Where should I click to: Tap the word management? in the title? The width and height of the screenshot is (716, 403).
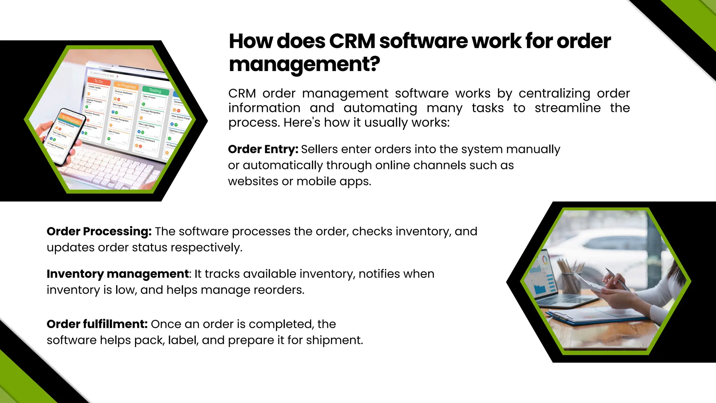coord(304,64)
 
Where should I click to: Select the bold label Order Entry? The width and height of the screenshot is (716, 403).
coord(263,149)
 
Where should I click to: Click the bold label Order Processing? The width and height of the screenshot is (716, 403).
coord(99,232)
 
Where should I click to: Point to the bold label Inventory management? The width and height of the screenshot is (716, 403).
coord(118,274)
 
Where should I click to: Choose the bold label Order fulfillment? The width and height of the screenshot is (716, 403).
coord(97,324)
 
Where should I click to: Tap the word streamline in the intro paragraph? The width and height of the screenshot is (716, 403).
coord(567,108)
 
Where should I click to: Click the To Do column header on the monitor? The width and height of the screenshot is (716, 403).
coord(99,82)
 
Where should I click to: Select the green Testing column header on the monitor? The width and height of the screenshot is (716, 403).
coord(155,91)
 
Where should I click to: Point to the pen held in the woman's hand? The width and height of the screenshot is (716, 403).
coord(617,280)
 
